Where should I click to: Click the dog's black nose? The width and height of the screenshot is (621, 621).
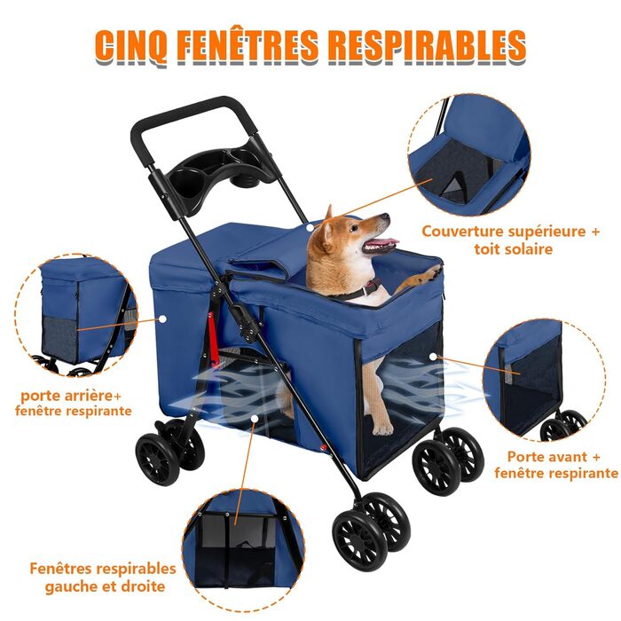click(386, 217)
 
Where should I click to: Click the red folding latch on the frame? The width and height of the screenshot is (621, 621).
click(213, 336)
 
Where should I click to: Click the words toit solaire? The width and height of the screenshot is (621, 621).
click(514, 249)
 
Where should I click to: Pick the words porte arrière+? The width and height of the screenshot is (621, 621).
click(71, 396)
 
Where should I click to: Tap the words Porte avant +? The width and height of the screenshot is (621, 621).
click(554, 457)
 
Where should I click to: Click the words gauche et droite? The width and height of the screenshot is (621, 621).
click(105, 586)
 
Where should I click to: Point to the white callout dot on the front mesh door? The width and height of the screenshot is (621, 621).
click(433, 357)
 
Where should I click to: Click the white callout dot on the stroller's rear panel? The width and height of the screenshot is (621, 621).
click(162, 318)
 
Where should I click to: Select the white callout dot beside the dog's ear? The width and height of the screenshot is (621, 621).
click(310, 227)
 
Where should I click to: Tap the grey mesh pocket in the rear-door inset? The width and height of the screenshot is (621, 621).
click(59, 340)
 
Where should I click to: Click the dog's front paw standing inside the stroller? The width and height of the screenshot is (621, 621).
click(382, 428)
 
